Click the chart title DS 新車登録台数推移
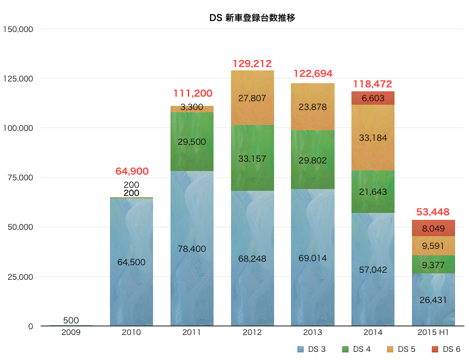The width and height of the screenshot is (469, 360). [252, 18]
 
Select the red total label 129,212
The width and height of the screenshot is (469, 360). [252, 63]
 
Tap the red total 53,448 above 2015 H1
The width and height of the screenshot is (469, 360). [433, 212]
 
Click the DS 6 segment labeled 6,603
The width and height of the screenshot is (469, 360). [373, 98]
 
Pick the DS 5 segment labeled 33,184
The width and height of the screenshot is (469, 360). [373, 138]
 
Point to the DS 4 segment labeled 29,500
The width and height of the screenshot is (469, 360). [192, 141]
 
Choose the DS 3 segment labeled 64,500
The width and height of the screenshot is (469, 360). [132, 262]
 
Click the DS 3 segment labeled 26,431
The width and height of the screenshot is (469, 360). [433, 300]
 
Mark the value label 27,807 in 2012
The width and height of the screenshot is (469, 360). [252, 98]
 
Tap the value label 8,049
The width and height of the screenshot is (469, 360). [433, 228]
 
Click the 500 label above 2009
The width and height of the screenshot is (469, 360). [71, 320]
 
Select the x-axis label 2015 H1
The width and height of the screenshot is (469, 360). [433, 332]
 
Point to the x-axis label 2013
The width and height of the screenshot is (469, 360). [312, 332]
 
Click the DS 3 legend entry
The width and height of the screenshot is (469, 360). [312, 349]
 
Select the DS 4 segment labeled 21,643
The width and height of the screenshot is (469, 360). [373, 191]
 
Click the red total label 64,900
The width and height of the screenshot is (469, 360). [132, 172]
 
